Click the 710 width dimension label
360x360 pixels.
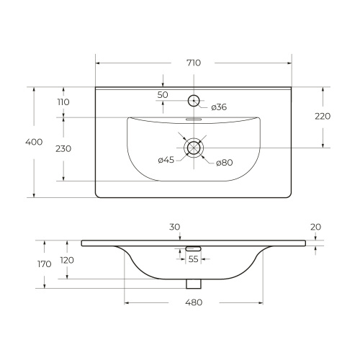pyautogui.click(x=194, y=63)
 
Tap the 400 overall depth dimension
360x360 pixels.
pyautogui.click(x=34, y=142)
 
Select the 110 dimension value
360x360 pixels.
pyautogui.click(x=63, y=102)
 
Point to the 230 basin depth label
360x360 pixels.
pyautogui.click(x=63, y=149)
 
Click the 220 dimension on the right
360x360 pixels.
pyautogui.click(x=323, y=117)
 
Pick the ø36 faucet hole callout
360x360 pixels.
pyautogui.click(x=219, y=107)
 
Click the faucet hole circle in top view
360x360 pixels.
pyautogui.click(x=194, y=101)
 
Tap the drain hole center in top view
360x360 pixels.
pyautogui.click(x=194, y=148)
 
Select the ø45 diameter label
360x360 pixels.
pyautogui.click(x=166, y=160)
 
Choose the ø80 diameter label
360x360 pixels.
pyautogui.click(x=225, y=163)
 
